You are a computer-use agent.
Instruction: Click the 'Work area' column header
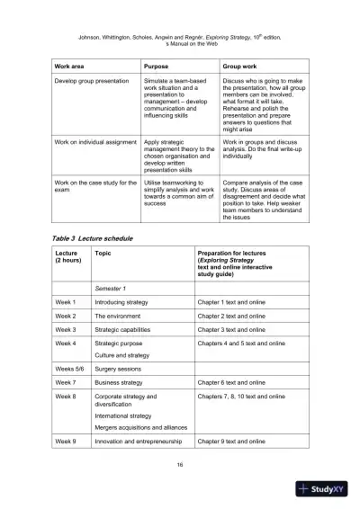[73, 67]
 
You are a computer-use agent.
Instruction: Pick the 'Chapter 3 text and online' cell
[231, 330]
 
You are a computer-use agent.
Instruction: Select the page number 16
[180, 465]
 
